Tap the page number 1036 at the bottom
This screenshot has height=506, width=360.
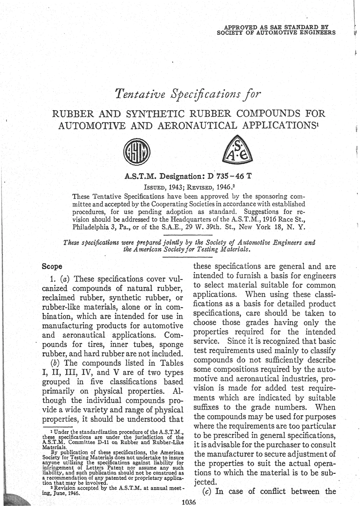pyautogui.click(x=188, y=503)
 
